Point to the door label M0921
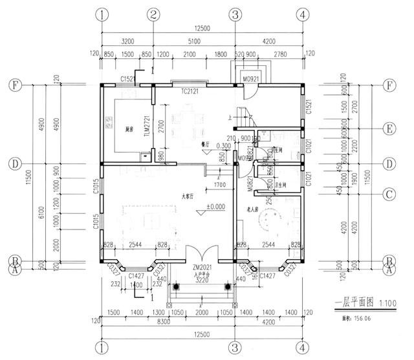coord(251,79)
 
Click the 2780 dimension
coord(281,54)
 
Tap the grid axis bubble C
coord(389,193)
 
